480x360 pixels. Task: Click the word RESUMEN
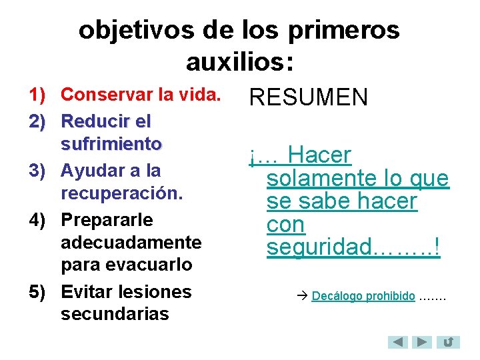tap(308, 98)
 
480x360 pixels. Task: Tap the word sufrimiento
tap(111, 143)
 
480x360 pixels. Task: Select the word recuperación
tap(121, 193)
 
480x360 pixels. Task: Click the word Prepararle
tap(107, 220)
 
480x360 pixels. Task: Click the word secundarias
tap(115, 314)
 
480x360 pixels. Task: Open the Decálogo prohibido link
tap(363, 296)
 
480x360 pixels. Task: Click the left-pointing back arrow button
tap(398, 343)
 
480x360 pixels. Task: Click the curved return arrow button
tap(449, 343)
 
